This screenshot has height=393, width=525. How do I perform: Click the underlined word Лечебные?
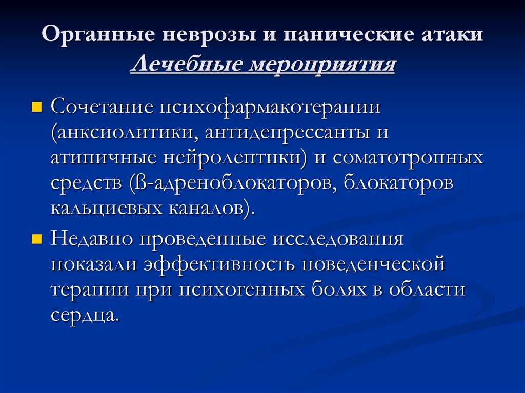click(x=187, y=64)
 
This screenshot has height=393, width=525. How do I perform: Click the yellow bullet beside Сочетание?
click(x=36, y=108)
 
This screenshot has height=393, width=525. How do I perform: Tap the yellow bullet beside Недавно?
click(x=36, y=239)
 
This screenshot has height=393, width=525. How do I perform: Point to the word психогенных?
click(x=242, y=291)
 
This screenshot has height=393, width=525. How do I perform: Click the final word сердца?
click(x=85, y=315)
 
